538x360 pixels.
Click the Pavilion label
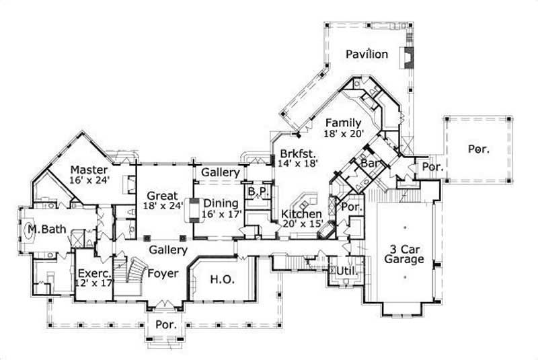[367, 54]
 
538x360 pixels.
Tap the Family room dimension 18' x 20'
[343, 134]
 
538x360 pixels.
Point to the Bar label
[368, 164]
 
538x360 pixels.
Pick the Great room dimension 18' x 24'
[164, 207]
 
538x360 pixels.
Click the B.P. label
[258, 192]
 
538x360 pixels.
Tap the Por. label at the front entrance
[165, 324]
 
